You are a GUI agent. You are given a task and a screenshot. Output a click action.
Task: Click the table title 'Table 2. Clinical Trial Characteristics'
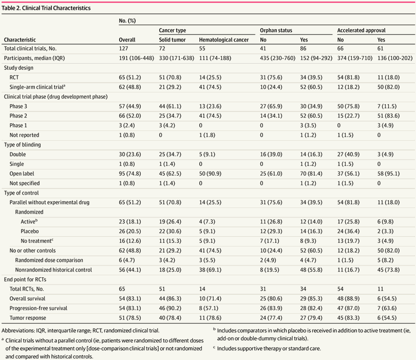(x=46, y=8)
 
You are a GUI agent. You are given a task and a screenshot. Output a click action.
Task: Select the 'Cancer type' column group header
(x=173, y=30)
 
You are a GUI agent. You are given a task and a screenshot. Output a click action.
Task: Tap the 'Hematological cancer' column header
(x=224, y=40)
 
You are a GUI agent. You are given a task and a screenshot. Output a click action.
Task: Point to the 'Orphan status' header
(x=276, y=30)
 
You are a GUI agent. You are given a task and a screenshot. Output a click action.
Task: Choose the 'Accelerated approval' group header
(x=362, y=30)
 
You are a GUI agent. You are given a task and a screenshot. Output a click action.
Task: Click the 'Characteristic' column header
(x=20, y=40)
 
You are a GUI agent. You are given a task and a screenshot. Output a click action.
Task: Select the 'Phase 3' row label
(x=18, y=106)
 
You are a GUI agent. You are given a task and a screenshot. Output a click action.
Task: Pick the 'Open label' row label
(x=22, y=174)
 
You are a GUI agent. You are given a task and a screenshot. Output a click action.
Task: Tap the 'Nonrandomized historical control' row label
(x=53, y=270)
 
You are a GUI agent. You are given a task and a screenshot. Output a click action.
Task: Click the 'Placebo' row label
(x=30, y=231)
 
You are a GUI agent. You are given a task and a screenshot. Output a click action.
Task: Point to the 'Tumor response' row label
(x=28, y=318)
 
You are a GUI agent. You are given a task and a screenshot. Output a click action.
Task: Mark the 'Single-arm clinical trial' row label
(x=37, y=87)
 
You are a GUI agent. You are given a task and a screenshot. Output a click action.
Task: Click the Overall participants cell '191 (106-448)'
(x=137, y=58)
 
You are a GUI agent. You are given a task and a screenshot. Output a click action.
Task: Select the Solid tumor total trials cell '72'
(x=162, y=49)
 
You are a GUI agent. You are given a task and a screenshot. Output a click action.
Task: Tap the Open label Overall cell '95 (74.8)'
(x=130, y=174)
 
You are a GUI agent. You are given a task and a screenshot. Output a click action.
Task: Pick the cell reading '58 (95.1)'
(x=388, y=174)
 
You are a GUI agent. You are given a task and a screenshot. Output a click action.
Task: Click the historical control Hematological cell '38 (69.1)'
(x=210, y=270)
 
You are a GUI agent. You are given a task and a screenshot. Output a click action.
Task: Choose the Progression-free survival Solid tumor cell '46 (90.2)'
(x=170, y=308)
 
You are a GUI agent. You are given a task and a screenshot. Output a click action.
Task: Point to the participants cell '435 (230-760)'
(x=277, y=58)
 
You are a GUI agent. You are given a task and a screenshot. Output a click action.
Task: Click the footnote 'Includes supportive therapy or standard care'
(x=269, y=348)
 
